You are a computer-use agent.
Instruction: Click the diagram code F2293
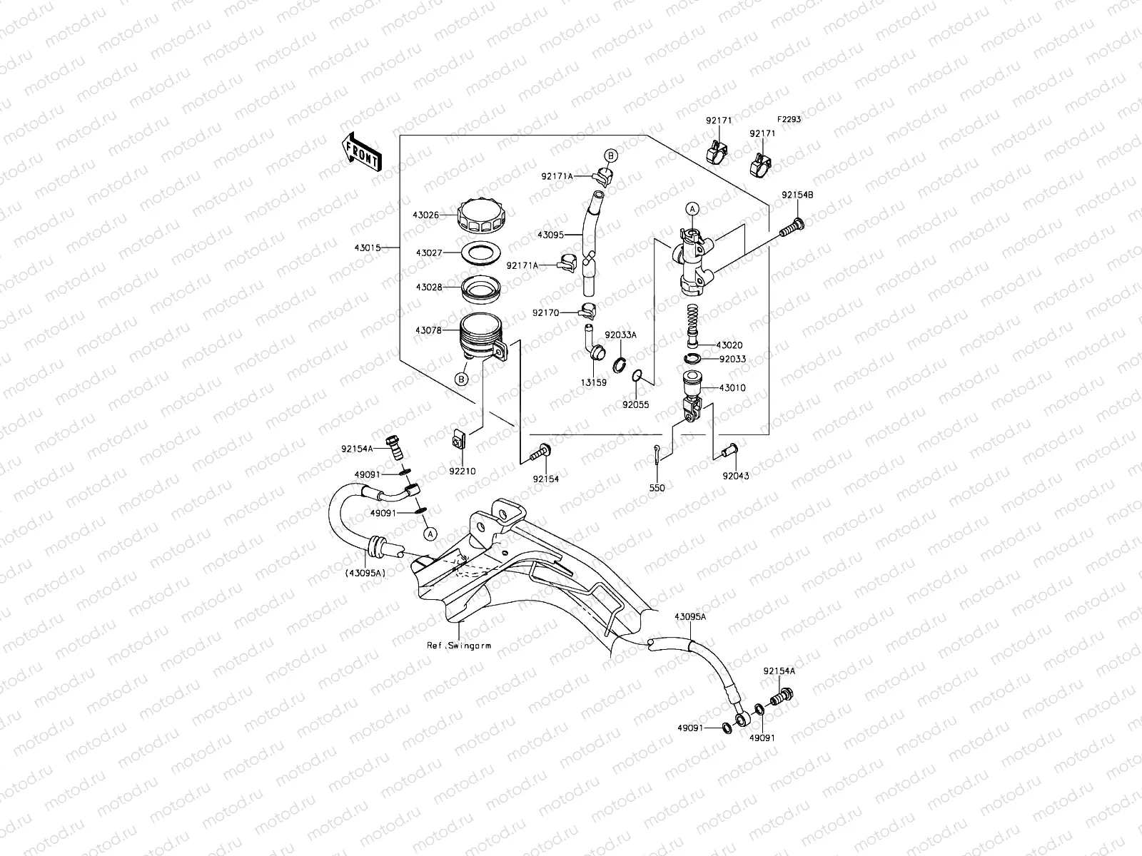pos(789,119)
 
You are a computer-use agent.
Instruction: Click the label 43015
pos(366,248)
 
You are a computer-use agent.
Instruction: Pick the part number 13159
pos(594,383)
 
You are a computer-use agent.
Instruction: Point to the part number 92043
pos(736,475)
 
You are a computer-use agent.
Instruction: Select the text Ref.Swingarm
pos(459,645)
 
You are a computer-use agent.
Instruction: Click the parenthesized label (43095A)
pos(365,572)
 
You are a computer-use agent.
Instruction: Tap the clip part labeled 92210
pos(459,442)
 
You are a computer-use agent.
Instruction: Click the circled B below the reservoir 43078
pos(462,379)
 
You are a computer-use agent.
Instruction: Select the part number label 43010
pos(732,388)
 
